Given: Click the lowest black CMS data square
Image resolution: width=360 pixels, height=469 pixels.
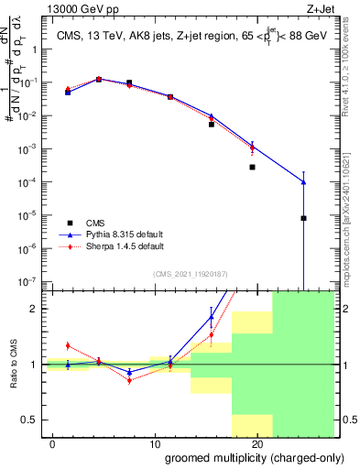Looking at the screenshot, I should coord(303,218).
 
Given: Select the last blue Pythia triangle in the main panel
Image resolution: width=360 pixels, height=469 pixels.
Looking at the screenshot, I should coord(303,182).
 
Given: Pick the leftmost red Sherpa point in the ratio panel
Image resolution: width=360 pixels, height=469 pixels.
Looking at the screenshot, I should coord(68,345).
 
